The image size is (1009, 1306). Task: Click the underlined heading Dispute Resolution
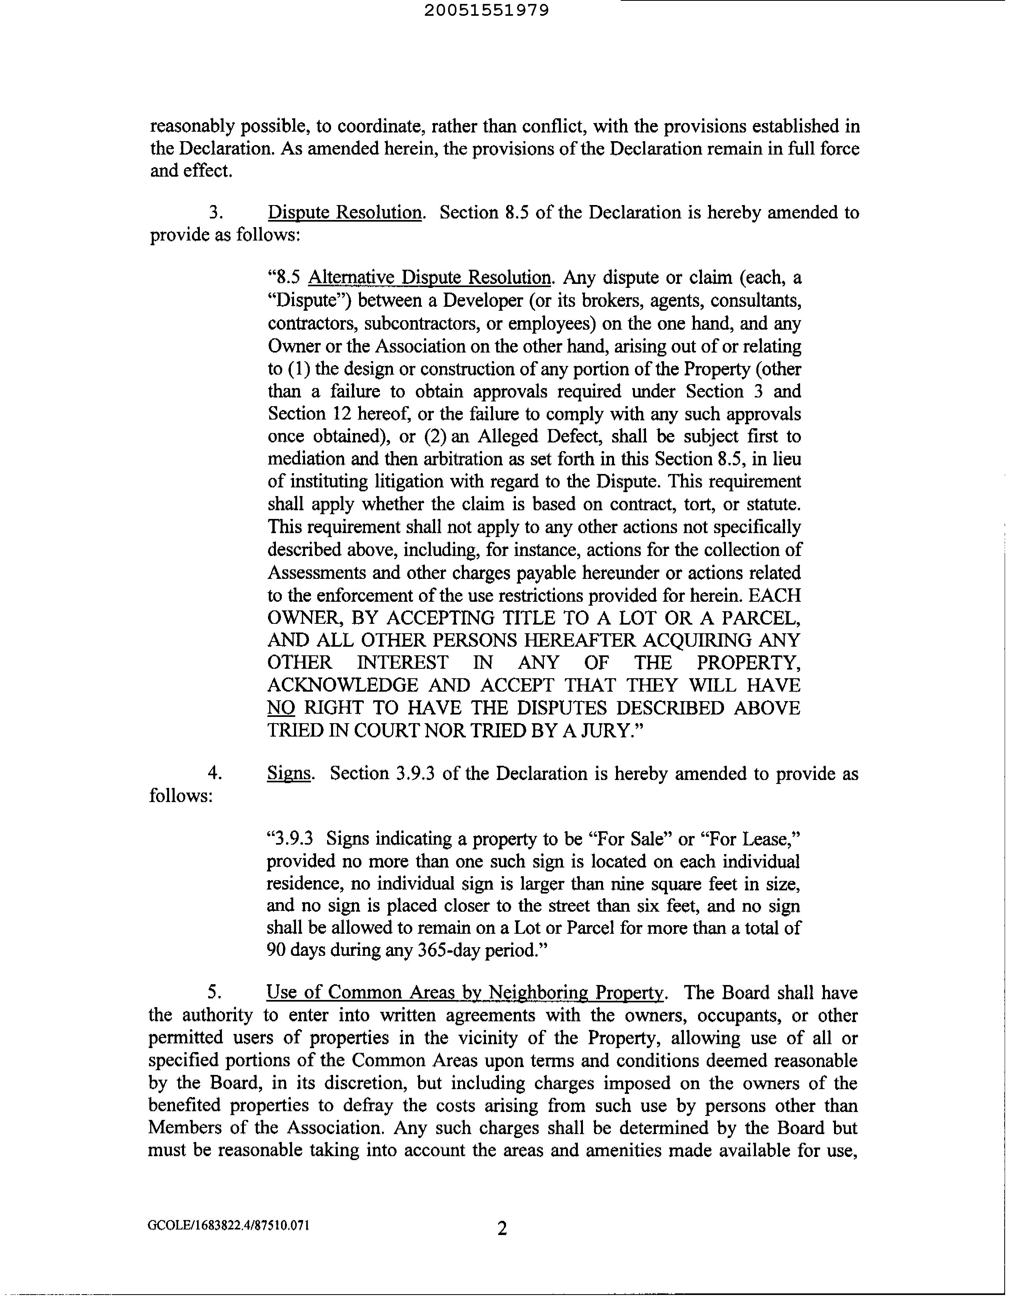click(345, 213)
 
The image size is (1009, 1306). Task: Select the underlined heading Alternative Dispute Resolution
click(429, 278)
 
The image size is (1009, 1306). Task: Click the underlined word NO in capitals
click(281, 708)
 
